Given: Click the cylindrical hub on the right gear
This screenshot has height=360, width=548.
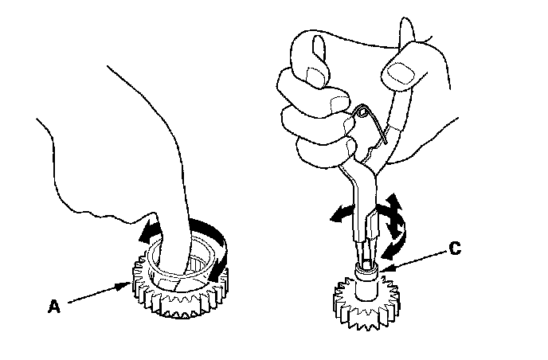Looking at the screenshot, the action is pos(367,284).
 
